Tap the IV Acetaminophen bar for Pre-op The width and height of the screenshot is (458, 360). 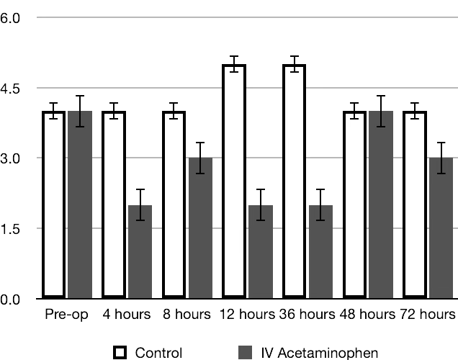[80, 205]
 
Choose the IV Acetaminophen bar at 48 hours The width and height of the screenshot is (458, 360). [381, 205]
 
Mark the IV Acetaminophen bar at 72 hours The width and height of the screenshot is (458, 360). [441, 228]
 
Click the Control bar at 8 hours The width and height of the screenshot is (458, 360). [174, 205]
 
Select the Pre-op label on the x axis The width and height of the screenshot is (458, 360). [66, 315]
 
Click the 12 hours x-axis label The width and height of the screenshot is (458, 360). [246, 315]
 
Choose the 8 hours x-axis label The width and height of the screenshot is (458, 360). [187, 315]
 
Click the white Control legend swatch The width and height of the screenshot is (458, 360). [121, 352]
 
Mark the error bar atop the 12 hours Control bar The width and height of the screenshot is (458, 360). [234, 64]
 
